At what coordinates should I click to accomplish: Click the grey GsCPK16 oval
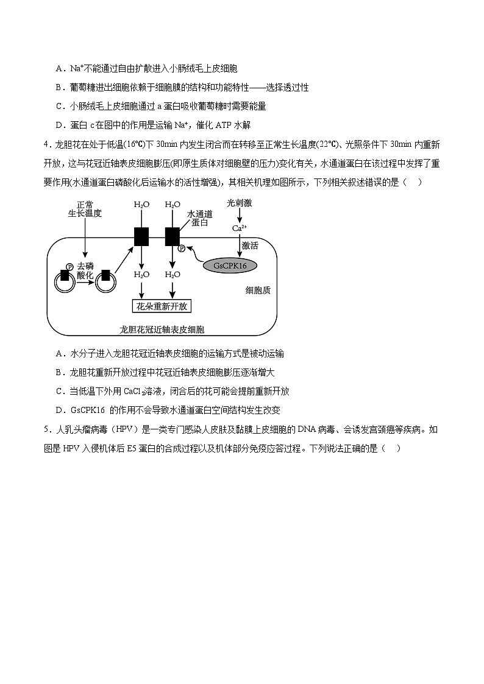tap(230, 266)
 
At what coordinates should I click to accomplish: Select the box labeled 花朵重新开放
tap(162, 306)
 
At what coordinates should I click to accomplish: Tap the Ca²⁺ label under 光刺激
tap(239, 228)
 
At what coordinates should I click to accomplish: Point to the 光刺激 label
tap(239, 203)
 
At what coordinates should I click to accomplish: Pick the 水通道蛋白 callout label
tap(199, 219)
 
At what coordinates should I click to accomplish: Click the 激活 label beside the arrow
tap(250, 246)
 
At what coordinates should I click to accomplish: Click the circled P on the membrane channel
tap(181, 248)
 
